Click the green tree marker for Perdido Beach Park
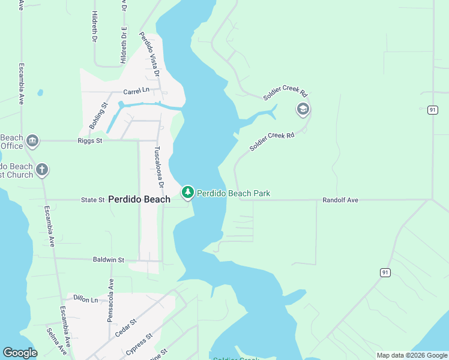tap(188, 192)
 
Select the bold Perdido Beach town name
tap(139, 199)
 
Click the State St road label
tap(93, 199)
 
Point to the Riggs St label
tap(91, 140)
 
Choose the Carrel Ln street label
tap(136, 91)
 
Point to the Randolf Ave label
tap(340, 200)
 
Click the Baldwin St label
tap(109, 260)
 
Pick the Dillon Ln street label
tap(85, 298)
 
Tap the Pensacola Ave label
tap(110, 300)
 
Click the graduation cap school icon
tap(303, 109)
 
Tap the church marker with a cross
tap(42, 169)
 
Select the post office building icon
tap(32, 142)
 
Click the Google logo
tap(20, 353)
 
